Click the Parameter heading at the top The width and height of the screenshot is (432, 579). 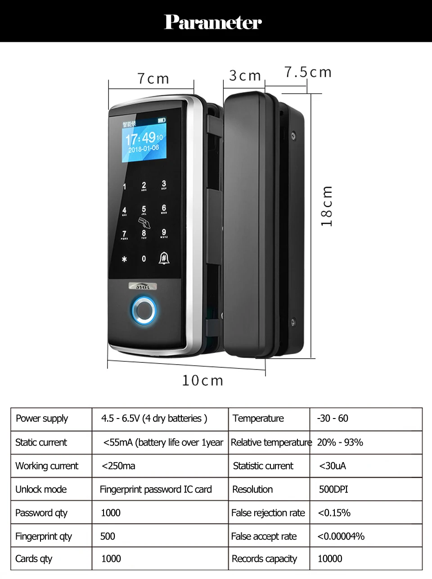pos(213,22)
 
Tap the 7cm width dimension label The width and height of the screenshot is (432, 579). pos(153,79)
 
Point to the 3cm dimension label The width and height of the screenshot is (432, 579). pos(245,76)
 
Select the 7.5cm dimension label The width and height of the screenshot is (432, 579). pos(308,72)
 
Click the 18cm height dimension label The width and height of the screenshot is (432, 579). pos(327,206)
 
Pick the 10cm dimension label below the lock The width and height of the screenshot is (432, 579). pos(202,380)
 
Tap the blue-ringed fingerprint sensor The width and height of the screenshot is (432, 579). pos(144,310)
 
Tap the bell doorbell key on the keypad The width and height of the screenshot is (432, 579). pos(164,258)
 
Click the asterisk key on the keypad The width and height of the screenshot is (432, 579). pos(125,259)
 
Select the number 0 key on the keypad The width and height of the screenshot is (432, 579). pos(144,259)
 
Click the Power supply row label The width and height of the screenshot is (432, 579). pos(42,419)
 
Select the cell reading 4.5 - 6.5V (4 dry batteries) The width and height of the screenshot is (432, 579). pos(154,419)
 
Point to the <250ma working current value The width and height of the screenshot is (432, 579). pos(118,466)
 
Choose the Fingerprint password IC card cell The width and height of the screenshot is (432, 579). pos(156,489)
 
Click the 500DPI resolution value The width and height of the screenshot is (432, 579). pos(333,489)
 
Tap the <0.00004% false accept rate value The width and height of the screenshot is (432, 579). pos(341,536)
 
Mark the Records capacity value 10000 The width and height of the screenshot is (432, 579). pos(330,559)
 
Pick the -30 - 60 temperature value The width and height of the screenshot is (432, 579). pos(333,419)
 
